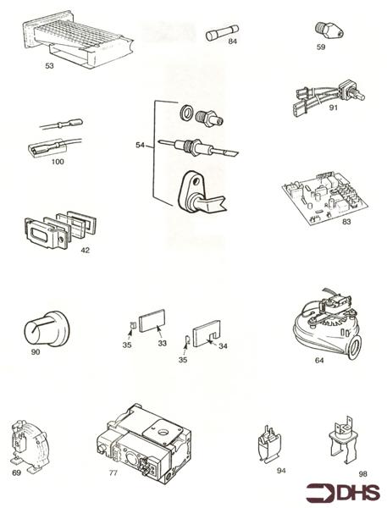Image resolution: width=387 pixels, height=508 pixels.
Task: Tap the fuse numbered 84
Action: click(222, 36)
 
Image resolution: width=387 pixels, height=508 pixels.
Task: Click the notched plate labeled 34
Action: click(205, 334)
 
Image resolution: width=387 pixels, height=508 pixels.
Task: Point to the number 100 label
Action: click(58, 161)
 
